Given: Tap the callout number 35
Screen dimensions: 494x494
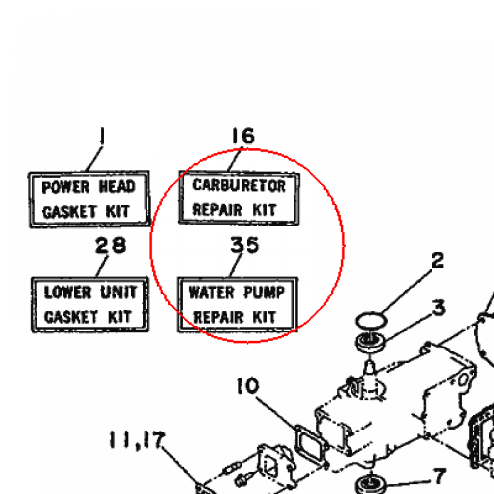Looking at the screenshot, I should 245,245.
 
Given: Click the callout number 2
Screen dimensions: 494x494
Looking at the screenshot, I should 437,261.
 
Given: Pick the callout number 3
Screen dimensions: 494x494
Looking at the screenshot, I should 438,307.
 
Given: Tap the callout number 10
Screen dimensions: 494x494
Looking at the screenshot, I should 248,386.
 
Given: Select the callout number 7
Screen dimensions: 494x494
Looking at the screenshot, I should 439,477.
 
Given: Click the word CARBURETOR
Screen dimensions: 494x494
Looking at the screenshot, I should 239,185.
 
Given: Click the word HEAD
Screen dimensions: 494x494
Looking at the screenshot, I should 117,187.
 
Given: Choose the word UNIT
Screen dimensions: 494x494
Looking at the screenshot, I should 119,292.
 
